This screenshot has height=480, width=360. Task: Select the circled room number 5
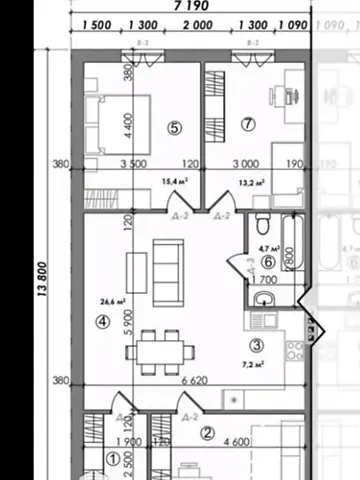pyautogui.click(x=175, y=127)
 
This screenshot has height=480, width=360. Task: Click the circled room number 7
pyautogui.click(x=249, y=124)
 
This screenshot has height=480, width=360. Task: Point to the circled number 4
pyautogui.click(x=102, y=322)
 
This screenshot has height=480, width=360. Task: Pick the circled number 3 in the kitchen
pyautogui.click(x=256, y=346)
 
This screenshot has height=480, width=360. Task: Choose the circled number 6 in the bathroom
pyautogui.click(x=267, y=262)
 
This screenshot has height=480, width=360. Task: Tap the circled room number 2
pyautogui.click(x=207, y=433)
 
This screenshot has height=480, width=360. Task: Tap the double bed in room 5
pyautogui.click(x=119, y=126)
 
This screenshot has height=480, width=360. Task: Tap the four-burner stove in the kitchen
pyautogui.click(x=294, y=351)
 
